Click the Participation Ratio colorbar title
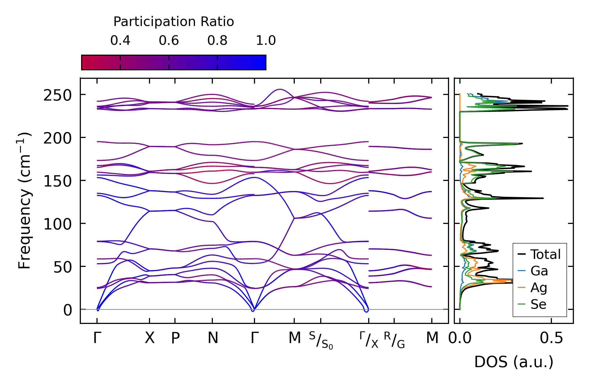click(174, 22)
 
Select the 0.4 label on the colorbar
click(120, 41)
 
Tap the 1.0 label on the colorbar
click(266, 41)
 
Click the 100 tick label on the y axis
click(58, 224)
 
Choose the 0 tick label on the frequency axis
click(68, 310)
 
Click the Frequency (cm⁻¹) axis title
click(25, 201)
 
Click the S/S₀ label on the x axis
click(321, 341)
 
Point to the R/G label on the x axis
click(394, 340)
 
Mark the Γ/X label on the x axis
click(369, 340)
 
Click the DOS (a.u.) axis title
click(514, 362)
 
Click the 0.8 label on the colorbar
click(217, 41)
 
